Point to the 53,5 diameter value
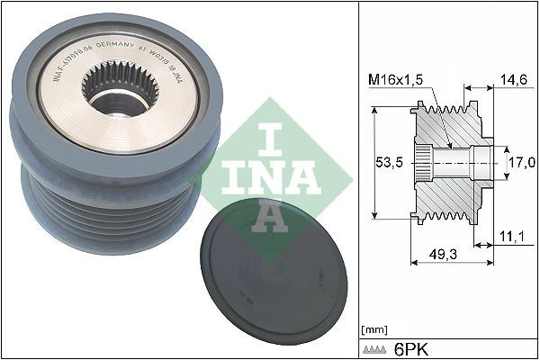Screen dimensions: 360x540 [x=389, y=163]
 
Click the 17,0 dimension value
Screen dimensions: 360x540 [x=522, y=162]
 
